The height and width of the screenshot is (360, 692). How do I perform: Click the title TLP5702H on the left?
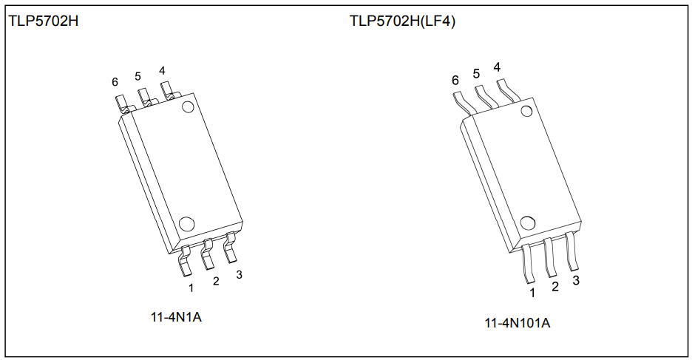coord(44,21)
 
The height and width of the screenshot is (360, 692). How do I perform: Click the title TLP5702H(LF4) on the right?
coord(402,21)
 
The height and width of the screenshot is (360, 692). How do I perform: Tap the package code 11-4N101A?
coord(518,323)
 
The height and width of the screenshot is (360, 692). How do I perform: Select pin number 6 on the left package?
coord(115,82)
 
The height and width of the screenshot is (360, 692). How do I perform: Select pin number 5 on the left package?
coord(138,76)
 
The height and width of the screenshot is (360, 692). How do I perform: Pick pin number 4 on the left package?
coord(162,71)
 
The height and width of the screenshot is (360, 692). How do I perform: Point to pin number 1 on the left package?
coord(191,288)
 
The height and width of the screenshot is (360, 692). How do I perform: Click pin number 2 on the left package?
coord(216,281)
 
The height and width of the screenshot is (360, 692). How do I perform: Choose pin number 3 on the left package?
coord(239,274)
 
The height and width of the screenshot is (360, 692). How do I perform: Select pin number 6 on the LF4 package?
coord(455,80)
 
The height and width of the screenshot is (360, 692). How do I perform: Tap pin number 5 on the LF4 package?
coord(476,73)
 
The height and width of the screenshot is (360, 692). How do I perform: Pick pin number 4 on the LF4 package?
coord(497,67)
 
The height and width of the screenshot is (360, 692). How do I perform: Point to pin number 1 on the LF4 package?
coord(532,293)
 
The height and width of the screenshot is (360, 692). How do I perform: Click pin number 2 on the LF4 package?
coord(554,287)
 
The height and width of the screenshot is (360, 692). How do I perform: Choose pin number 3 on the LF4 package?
coord(576,280)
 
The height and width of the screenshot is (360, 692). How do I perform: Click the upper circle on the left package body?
coord(188,106)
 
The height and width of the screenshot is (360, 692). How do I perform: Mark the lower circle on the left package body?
coord(186,223)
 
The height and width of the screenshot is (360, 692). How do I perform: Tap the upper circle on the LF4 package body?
coord(527,112)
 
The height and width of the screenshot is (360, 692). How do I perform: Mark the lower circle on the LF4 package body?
coord(528,223)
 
